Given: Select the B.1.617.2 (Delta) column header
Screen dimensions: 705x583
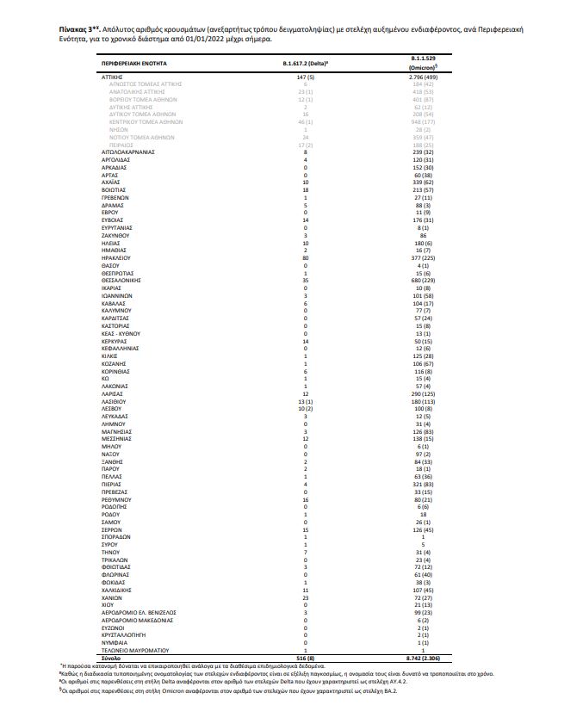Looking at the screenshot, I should (x=299, y=65).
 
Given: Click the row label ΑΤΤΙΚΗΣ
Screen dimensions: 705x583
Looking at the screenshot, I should (x=114, y=77).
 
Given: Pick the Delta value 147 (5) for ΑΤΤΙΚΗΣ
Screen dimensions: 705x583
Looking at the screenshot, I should (x=299, y=77).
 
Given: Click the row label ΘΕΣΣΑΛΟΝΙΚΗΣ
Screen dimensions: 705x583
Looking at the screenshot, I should (x=121, y=280).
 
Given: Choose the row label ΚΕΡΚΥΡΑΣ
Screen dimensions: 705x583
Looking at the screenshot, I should (x=115, y=341).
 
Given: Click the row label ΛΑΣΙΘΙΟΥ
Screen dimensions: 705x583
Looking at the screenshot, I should (x=115, y=401).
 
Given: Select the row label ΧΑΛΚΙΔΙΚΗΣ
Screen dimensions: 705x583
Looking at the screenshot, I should (x=117, y=591).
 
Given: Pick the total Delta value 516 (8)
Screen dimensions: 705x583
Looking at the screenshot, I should (x=297, y=658).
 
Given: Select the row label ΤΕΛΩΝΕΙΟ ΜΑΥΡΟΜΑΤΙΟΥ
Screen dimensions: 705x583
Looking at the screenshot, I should (x=133, y=651).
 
